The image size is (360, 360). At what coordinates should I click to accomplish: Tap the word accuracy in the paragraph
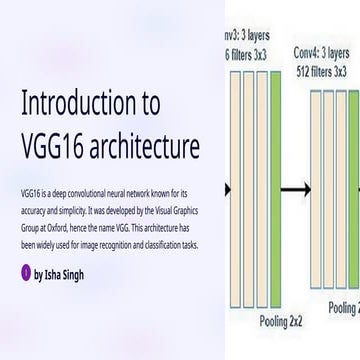30,201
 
